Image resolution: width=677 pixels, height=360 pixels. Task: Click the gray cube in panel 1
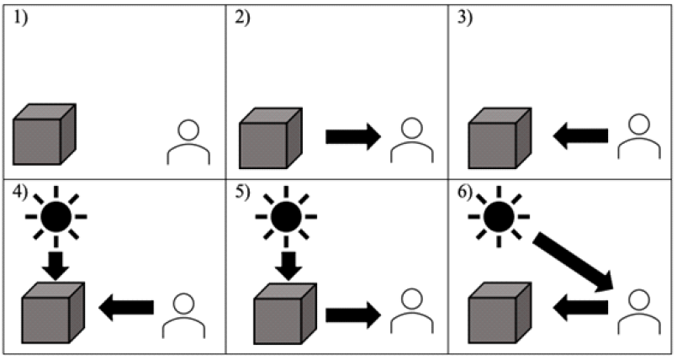44,134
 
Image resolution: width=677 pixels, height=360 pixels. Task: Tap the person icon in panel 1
188,142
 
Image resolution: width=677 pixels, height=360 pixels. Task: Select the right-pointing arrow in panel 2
353,137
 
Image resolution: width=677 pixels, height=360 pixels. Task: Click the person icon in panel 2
412,140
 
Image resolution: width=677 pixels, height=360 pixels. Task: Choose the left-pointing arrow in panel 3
580,135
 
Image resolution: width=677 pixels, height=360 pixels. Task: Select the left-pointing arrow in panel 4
127,309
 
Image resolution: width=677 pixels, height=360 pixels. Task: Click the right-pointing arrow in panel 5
353,315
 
